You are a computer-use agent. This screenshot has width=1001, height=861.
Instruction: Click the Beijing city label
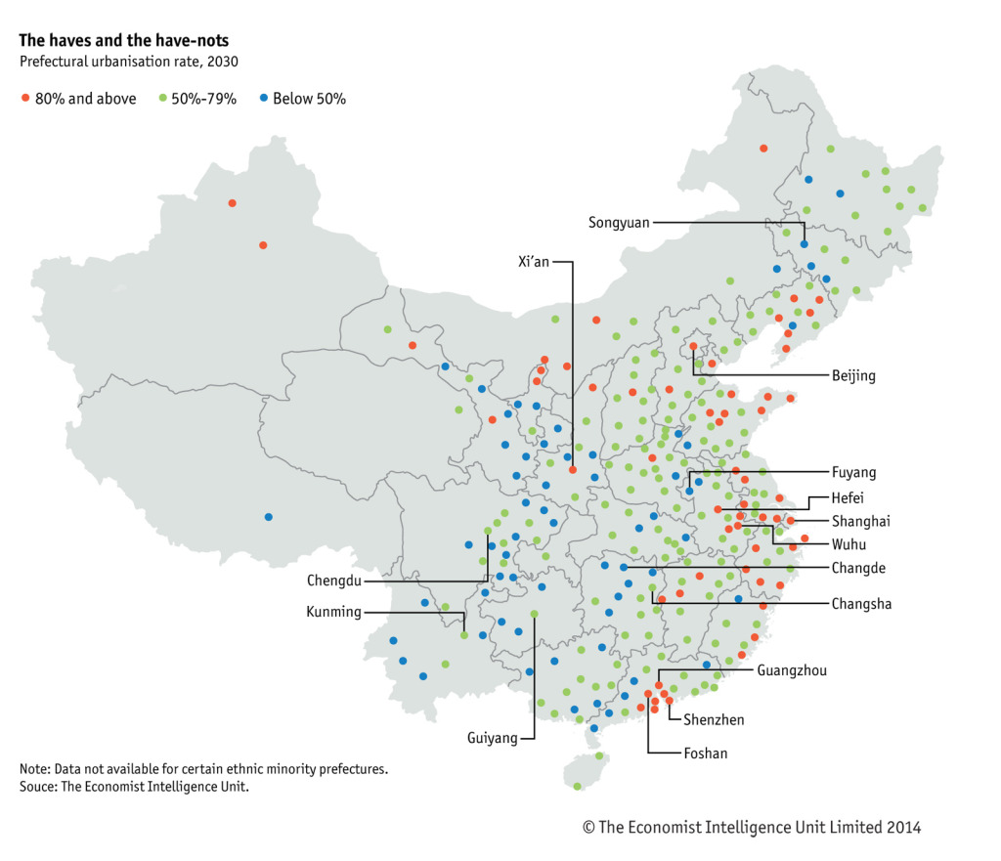coord(853,375)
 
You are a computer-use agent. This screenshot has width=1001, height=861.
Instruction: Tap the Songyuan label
coord(619,223)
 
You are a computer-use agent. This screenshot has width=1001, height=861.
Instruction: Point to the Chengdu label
coord(334,581)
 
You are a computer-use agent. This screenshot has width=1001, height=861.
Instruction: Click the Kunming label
coord(334,613)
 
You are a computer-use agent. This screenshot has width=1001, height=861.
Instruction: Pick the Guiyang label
coord(493,738)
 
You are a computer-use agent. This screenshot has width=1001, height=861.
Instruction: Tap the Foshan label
coord(705,753)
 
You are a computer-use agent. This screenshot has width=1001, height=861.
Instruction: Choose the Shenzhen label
coord(713,720)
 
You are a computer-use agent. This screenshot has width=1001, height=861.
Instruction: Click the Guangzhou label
coord(792,670)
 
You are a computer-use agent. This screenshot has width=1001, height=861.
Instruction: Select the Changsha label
coord(861,604)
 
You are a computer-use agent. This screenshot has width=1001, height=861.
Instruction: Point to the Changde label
coord(858,568)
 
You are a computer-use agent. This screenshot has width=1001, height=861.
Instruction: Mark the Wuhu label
coord(849,544)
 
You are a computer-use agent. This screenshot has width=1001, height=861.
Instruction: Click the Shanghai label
coord(861,521)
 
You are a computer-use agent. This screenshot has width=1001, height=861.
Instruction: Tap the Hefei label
coord(848,497)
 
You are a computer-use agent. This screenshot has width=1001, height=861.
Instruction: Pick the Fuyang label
coord(853,473)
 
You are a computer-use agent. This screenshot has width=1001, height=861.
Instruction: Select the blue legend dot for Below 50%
coord(263,99)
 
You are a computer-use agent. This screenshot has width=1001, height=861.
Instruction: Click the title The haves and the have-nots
coord(124,41)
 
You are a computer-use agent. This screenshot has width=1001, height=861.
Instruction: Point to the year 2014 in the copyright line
coord(903,828)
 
